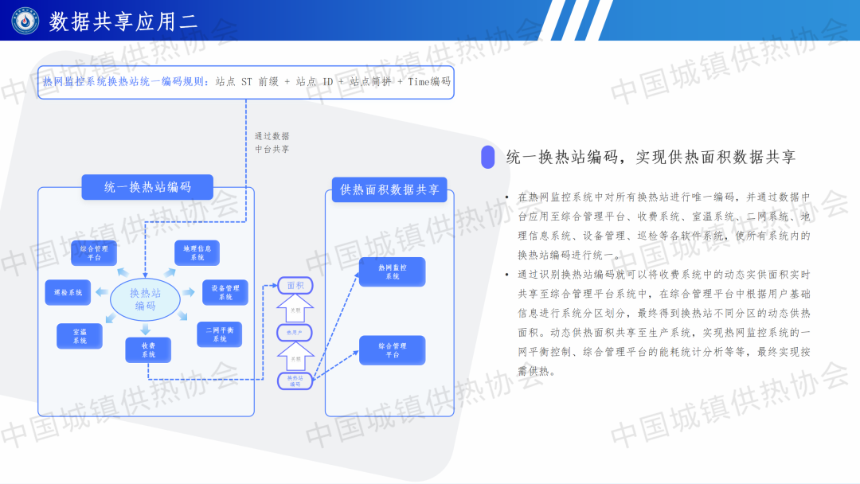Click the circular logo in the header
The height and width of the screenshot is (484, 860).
click(x=25, y=21)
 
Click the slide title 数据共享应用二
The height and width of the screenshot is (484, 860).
click(x=123, y=21)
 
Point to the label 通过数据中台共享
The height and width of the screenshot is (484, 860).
click(x=272, y=142)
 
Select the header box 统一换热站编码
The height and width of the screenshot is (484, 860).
click(x=147, y=187)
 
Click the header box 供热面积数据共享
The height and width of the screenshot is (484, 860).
click(x=389, y=189)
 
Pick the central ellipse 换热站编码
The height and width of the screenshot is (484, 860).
click(x=145, y=299)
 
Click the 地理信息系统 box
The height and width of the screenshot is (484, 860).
click(x=197, y=253)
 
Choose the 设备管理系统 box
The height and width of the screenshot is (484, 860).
click(x=225, y=292)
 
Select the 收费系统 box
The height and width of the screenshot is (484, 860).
click(x=148, y=349)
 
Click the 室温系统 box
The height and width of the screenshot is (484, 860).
click(x=79, y=336)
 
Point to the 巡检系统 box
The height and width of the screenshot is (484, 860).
click(x=68, y=292)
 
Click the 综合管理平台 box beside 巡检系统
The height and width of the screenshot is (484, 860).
click(x=94, y=253)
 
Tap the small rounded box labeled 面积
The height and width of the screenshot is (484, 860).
click(x=295, y=285)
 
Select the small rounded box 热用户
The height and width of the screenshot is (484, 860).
click(x=295, y=332)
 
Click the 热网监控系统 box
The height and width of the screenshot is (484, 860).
click(x=392, y=272)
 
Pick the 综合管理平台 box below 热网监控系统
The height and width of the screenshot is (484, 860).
click(x=392, y=350)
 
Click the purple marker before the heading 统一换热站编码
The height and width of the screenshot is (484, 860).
click(x=487, y=157)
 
